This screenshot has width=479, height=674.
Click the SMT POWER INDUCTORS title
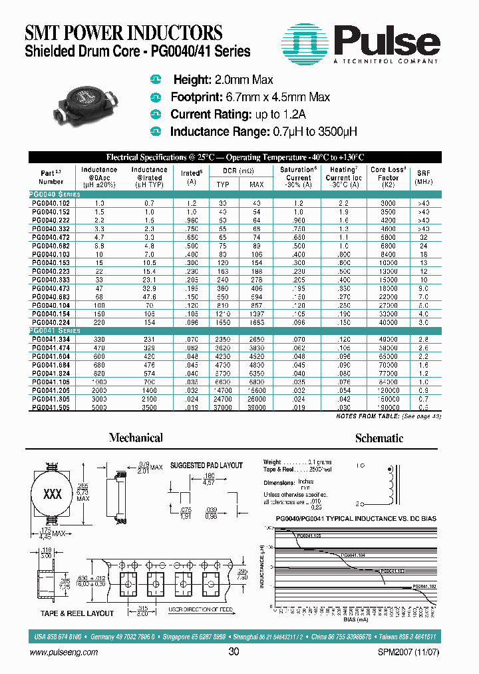[x=124, y=33]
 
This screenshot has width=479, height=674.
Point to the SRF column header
[x=423, y=176]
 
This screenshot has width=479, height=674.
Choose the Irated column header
[x=192, y=176]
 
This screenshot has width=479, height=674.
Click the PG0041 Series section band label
[x=55, y=331]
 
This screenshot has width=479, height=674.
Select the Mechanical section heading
[x=136, y=438]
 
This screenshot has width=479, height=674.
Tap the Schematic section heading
[x=379, y=438]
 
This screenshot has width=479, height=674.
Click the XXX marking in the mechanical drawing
[x=52, y=495]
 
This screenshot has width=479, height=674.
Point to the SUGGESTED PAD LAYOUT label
[x=206, y=466]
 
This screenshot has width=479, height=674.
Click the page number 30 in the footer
[x=234, y=652]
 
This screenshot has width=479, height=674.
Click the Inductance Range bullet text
[x=263, y=132]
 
